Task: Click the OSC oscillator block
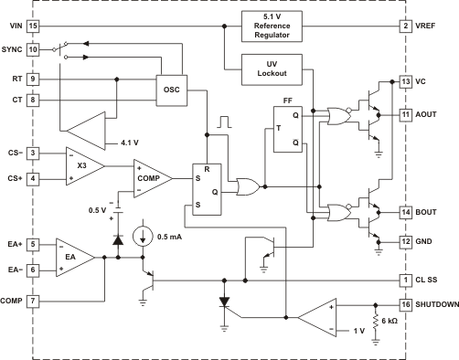click(x=171, y=90)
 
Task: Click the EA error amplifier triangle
click(x=73, y=257)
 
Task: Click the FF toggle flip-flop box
click(x=286, y=130)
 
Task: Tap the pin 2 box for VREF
click(x=406, y=26)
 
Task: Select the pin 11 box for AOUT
click(x=406, y=115)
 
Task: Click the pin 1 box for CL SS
click(x=406, y=280)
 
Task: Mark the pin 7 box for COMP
click(x=33, y=300)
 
